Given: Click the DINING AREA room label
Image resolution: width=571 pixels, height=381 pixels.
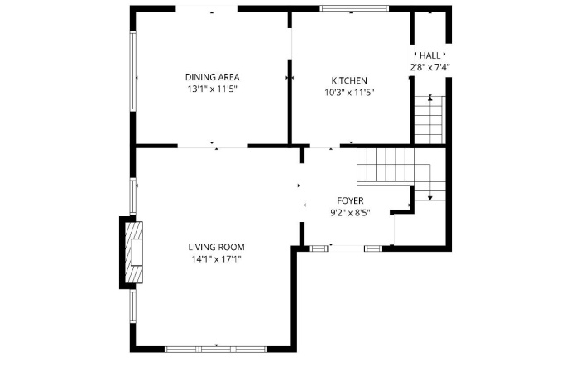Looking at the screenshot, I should (x=212, y=77).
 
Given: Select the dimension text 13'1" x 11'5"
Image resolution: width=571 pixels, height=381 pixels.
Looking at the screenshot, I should (x=212, y=89).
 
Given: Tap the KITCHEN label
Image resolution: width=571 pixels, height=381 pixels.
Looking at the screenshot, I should (x=349, y=80).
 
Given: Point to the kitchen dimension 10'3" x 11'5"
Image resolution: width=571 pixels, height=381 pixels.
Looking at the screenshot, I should (x=349, y=92).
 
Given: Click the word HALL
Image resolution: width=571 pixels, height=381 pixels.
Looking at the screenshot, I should (x=429, y=55).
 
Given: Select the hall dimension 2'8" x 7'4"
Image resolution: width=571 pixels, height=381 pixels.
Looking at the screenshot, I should (x=429, y=66).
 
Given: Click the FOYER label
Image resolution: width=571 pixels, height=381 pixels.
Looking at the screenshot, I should (x=349, y=200).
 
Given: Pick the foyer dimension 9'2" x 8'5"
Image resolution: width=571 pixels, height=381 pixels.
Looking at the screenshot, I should (x=349, y=212).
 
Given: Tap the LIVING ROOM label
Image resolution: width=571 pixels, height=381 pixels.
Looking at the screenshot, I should (x=216, y=247).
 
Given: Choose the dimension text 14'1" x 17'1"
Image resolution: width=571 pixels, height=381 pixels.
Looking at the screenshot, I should (x=216, y=258).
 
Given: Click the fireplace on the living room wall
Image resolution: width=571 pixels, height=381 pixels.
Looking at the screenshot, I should (x=132, y=253).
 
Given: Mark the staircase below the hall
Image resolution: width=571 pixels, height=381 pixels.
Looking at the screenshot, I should (x=429, y=118).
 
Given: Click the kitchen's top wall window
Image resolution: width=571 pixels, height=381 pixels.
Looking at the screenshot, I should (x=354, y=9).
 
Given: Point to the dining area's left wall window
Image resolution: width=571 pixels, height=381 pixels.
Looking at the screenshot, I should (x=132, y=72).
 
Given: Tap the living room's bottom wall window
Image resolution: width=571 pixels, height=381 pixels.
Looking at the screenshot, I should (x=215, y=349).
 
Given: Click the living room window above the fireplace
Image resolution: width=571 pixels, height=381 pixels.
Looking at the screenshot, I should (x=132, y=195).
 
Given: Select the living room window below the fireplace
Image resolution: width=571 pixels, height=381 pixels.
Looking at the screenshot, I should (x=132, y=305).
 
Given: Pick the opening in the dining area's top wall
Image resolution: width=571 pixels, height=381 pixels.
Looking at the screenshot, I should (x=207, y=9).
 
